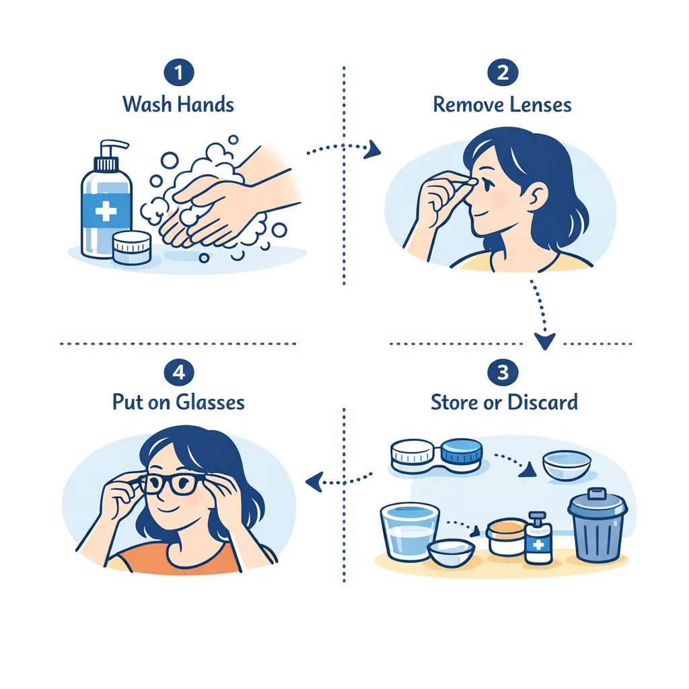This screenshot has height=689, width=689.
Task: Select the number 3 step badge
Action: pos(503,372)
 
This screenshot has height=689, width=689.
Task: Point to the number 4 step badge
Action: pos(178,372)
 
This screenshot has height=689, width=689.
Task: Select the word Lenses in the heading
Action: pos(540,105)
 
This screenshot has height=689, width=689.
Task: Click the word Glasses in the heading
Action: pos(210,402)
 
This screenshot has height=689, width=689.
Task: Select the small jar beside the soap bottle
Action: pos(131,247)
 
